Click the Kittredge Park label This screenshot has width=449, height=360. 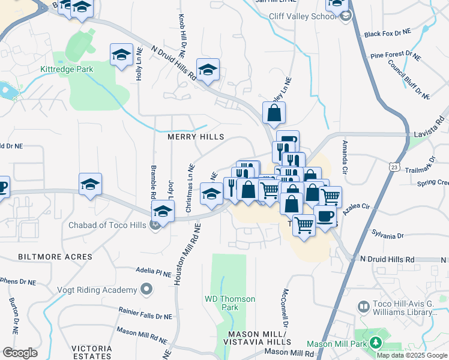click(67, 70)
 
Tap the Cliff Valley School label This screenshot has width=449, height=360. click(303, 16)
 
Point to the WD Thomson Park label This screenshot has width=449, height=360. click(230, 303)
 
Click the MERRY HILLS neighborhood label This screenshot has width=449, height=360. click(195, 137)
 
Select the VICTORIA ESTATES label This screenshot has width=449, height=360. click(92, 352)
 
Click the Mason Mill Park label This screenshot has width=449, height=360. click(336, 344)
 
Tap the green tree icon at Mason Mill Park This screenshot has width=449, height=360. click(376, 343)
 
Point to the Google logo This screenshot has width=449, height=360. click(20, 353)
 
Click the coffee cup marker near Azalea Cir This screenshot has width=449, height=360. click(325, 217)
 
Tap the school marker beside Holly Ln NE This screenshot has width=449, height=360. click(122, 55)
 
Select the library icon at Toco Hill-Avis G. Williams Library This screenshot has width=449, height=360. click(363, 307)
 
